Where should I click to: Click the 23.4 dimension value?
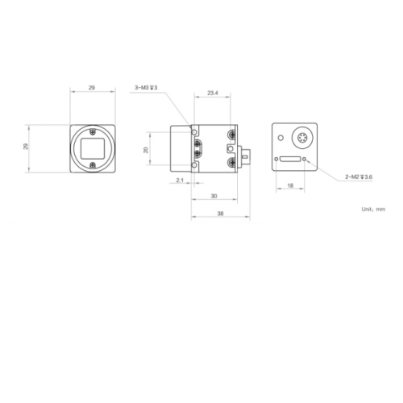click(213, 93)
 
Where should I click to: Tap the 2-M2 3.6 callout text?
click(359, 177)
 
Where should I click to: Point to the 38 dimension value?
click(220, 214)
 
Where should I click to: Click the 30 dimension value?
click(214, 196)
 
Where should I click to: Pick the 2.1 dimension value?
click(180, 180)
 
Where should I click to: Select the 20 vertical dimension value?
click(146, 150)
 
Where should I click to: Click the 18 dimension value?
click(290, 185)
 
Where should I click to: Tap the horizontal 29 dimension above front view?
click(92, 88)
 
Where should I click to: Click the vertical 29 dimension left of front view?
click(26, 147)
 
